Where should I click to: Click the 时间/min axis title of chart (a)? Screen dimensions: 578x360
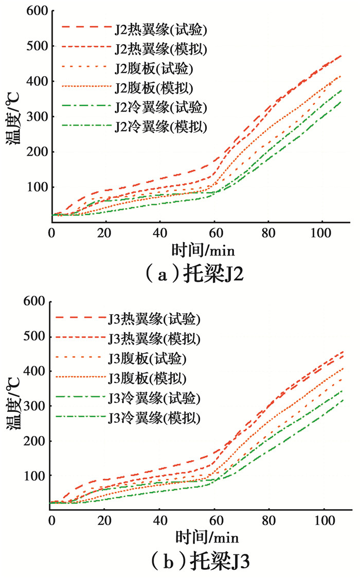pyautogui.click(x=202, y=250)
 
